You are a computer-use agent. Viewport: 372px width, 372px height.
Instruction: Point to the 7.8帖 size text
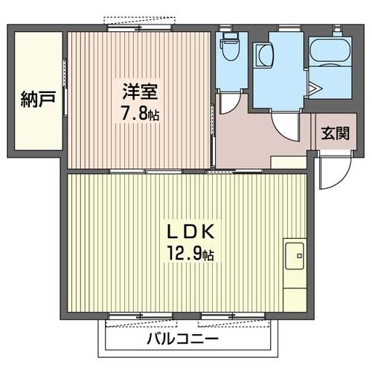(x=141, y=115)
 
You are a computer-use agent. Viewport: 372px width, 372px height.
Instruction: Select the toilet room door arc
(x=231, y=100)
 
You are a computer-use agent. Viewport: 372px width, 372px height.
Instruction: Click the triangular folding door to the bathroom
(x=314, y=90)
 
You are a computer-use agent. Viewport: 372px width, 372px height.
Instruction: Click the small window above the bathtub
(x=332, y=29)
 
